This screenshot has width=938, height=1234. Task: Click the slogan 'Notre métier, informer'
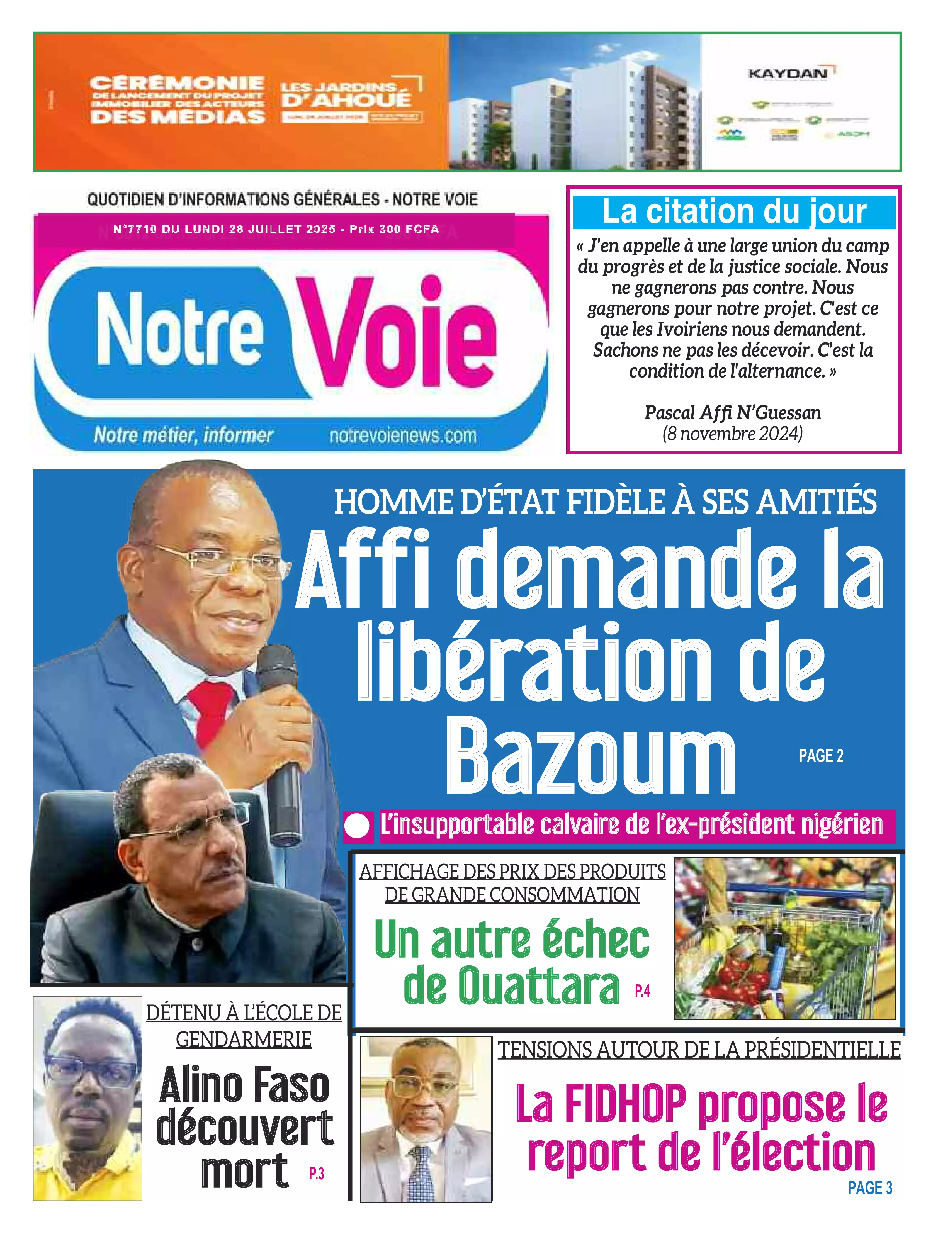(183, 435)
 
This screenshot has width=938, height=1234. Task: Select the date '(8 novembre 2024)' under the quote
(733, 433)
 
